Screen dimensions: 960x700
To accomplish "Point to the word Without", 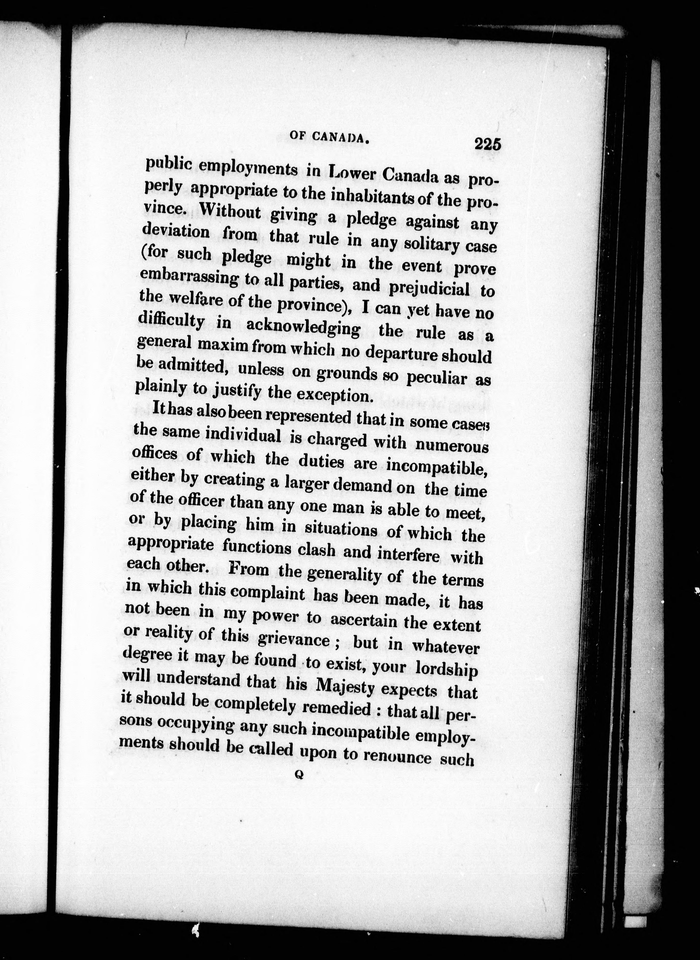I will [230, 212].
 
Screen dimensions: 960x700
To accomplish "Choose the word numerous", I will [452, 445].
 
